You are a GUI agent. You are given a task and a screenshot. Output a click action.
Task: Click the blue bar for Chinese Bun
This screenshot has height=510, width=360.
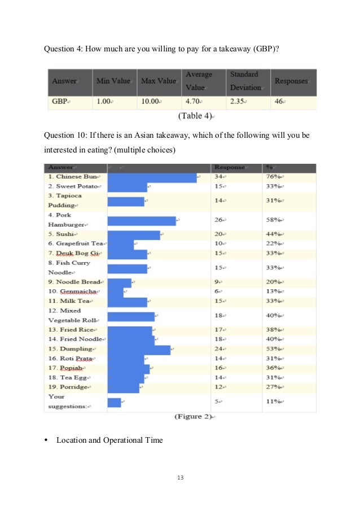pyautogui.click(x=152, y=177)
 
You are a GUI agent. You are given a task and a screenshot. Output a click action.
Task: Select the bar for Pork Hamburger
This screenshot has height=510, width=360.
pyautogui.click(x=141, y=221)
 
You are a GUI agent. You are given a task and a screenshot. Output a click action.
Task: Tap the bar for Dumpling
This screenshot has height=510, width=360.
pyautogui.click(x=139, y=350)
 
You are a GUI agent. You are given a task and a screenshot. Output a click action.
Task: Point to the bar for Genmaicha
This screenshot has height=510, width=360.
pyautogui.click(x=115, y=292)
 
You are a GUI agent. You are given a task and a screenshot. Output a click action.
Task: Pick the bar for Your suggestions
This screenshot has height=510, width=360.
pyautogui.click(x=114, y=402)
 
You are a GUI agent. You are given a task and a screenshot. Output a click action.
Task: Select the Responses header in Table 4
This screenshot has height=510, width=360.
pyautogui.click(x=291, y=81)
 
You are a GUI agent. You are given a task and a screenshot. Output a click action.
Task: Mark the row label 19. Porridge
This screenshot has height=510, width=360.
pyautogui.click(x=69, y=387)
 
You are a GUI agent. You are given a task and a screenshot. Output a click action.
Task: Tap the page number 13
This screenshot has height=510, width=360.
pyautogui.click(x=180, y=478)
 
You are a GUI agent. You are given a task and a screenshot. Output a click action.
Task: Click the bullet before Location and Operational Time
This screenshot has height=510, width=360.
pyautogui.click(x=47, y=441)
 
